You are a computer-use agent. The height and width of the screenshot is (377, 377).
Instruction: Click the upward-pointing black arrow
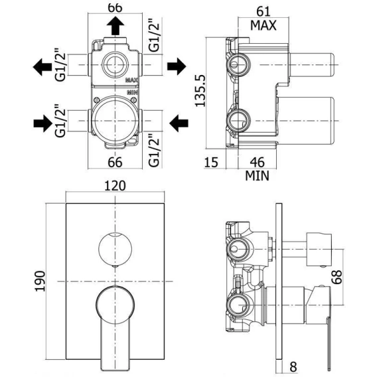coord(115,26)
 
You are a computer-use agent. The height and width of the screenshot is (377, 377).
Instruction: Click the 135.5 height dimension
coord(200,91)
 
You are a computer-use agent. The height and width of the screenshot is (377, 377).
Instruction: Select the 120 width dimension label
coord(115,186)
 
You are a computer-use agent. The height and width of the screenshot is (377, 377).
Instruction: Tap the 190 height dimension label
coord(40,281)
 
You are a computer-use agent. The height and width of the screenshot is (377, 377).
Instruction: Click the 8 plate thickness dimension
coord(293,367)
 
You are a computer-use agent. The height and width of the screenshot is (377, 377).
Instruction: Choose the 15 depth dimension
coord(211,162)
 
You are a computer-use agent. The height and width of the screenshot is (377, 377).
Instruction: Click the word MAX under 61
coord(264,25)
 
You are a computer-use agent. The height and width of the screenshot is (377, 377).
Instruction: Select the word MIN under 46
coord(257,176)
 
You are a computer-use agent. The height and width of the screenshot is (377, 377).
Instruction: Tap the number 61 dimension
coord(264,11)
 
